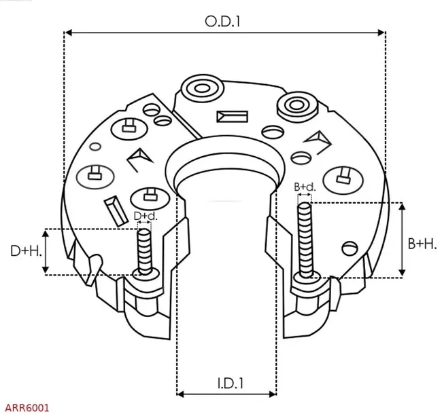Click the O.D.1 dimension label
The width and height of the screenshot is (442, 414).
223,21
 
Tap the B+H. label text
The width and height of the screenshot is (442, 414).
422,243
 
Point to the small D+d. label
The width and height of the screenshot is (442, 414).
145,216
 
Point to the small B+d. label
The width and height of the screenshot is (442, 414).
305,187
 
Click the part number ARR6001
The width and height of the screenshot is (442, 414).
26,407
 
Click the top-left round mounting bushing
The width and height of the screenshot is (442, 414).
202,88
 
